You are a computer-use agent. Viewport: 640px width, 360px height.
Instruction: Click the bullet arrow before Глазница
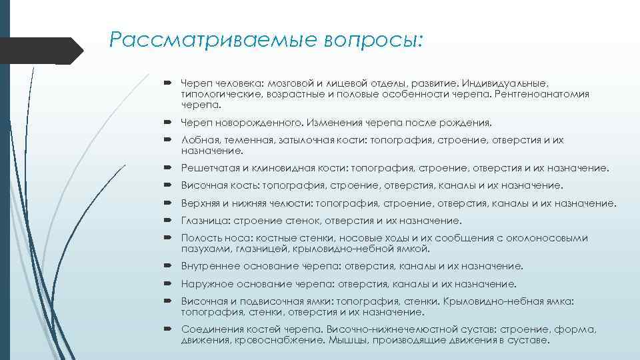coord(171,221)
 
